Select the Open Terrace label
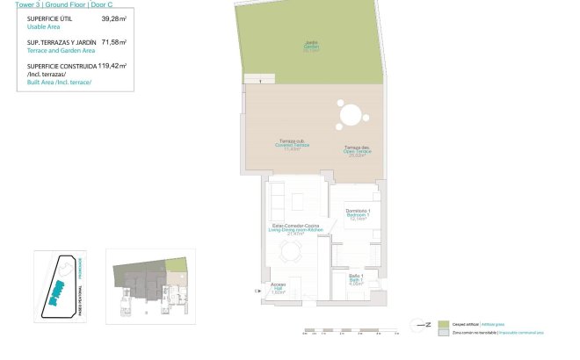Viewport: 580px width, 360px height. [357, 151]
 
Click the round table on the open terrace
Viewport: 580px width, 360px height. [349, 115]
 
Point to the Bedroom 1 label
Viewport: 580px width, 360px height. [357, 214]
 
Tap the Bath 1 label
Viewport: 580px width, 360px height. [357, 279]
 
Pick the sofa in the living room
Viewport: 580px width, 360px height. [274, 204]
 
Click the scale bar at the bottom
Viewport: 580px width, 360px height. [343, 332]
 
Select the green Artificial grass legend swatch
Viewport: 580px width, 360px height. [444, 324]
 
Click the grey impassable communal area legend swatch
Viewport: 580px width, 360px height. [444, 333]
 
